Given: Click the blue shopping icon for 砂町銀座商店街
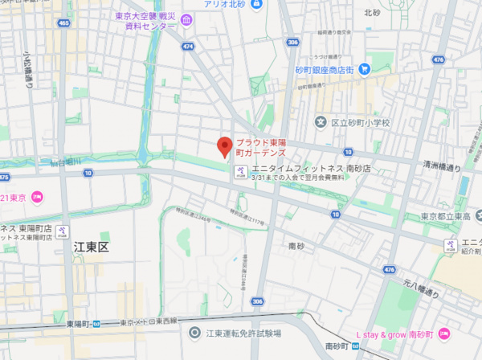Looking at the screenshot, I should pos(364,69).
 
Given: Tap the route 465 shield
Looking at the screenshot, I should pos(63,24).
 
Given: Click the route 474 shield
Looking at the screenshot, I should pos(188,47).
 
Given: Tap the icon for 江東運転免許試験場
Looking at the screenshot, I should pos(194,333).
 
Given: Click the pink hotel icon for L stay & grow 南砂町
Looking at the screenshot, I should pos(444,333).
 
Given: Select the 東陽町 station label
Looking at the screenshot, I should pos(77,324).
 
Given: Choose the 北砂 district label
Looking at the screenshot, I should pos(371,12).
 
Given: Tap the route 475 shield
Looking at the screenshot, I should pos(4,178).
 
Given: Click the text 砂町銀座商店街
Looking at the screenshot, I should pos(325,69).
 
